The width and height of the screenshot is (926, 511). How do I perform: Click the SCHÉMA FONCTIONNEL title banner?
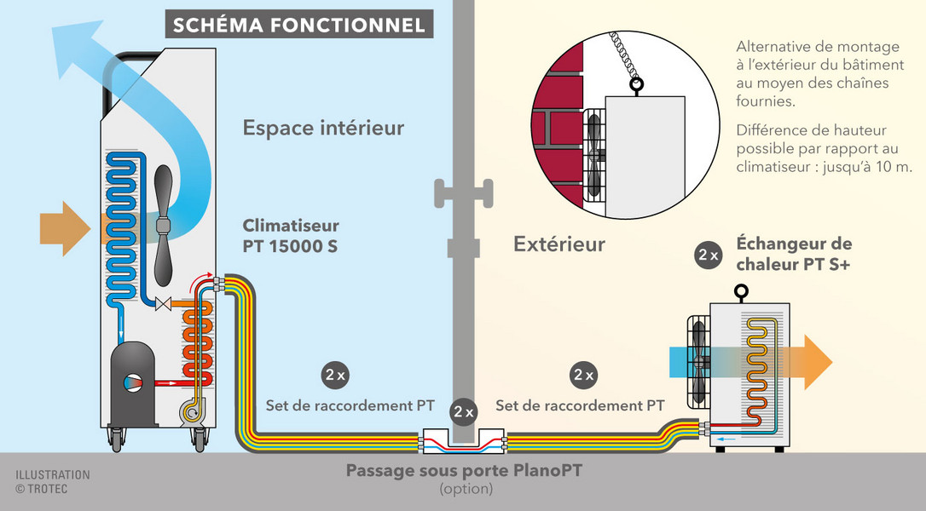pyautogui.click(x=299, y=24)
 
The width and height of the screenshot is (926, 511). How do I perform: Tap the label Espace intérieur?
pyautogui.click(x=324, y=128)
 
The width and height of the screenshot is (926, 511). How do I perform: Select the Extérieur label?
pyautogui.click(x=559, y=244)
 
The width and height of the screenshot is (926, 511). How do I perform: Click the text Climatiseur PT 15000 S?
pyautogui.click(x=291, y=235)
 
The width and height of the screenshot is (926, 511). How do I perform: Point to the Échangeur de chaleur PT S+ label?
pyautogui.click(x=795, y=254)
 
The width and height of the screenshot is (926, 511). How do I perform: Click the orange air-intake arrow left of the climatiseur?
pyautogui.click(x=65, y=229)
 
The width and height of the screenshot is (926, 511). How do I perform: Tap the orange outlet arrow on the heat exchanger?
pyautogui.click(x=809, y=362)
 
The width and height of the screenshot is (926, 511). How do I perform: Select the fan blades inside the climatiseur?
pyautogui.click(x=163, y=226)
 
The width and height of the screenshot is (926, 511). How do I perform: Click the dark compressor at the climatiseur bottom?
pyautogui.click(x=134, y=383)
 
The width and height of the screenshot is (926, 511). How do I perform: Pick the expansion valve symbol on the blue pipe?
pyautogui.click(x=163, y=305)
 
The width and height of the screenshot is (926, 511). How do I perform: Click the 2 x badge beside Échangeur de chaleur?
pyautogui.click(x=708, y=255)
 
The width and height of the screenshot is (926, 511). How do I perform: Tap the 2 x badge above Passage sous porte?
pyautogui.click(x=464, y=412)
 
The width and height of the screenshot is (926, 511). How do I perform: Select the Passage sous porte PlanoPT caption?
pyautogui.click(x=464, y=471)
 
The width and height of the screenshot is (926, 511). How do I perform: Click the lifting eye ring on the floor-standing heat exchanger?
pyautogui.click(x=741, y=291)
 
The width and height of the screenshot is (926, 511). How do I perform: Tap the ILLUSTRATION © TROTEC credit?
pyautogui.click(x=53, y=481)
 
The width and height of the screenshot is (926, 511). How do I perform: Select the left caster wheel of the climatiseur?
pyautogui.click(x=116, y=440)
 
